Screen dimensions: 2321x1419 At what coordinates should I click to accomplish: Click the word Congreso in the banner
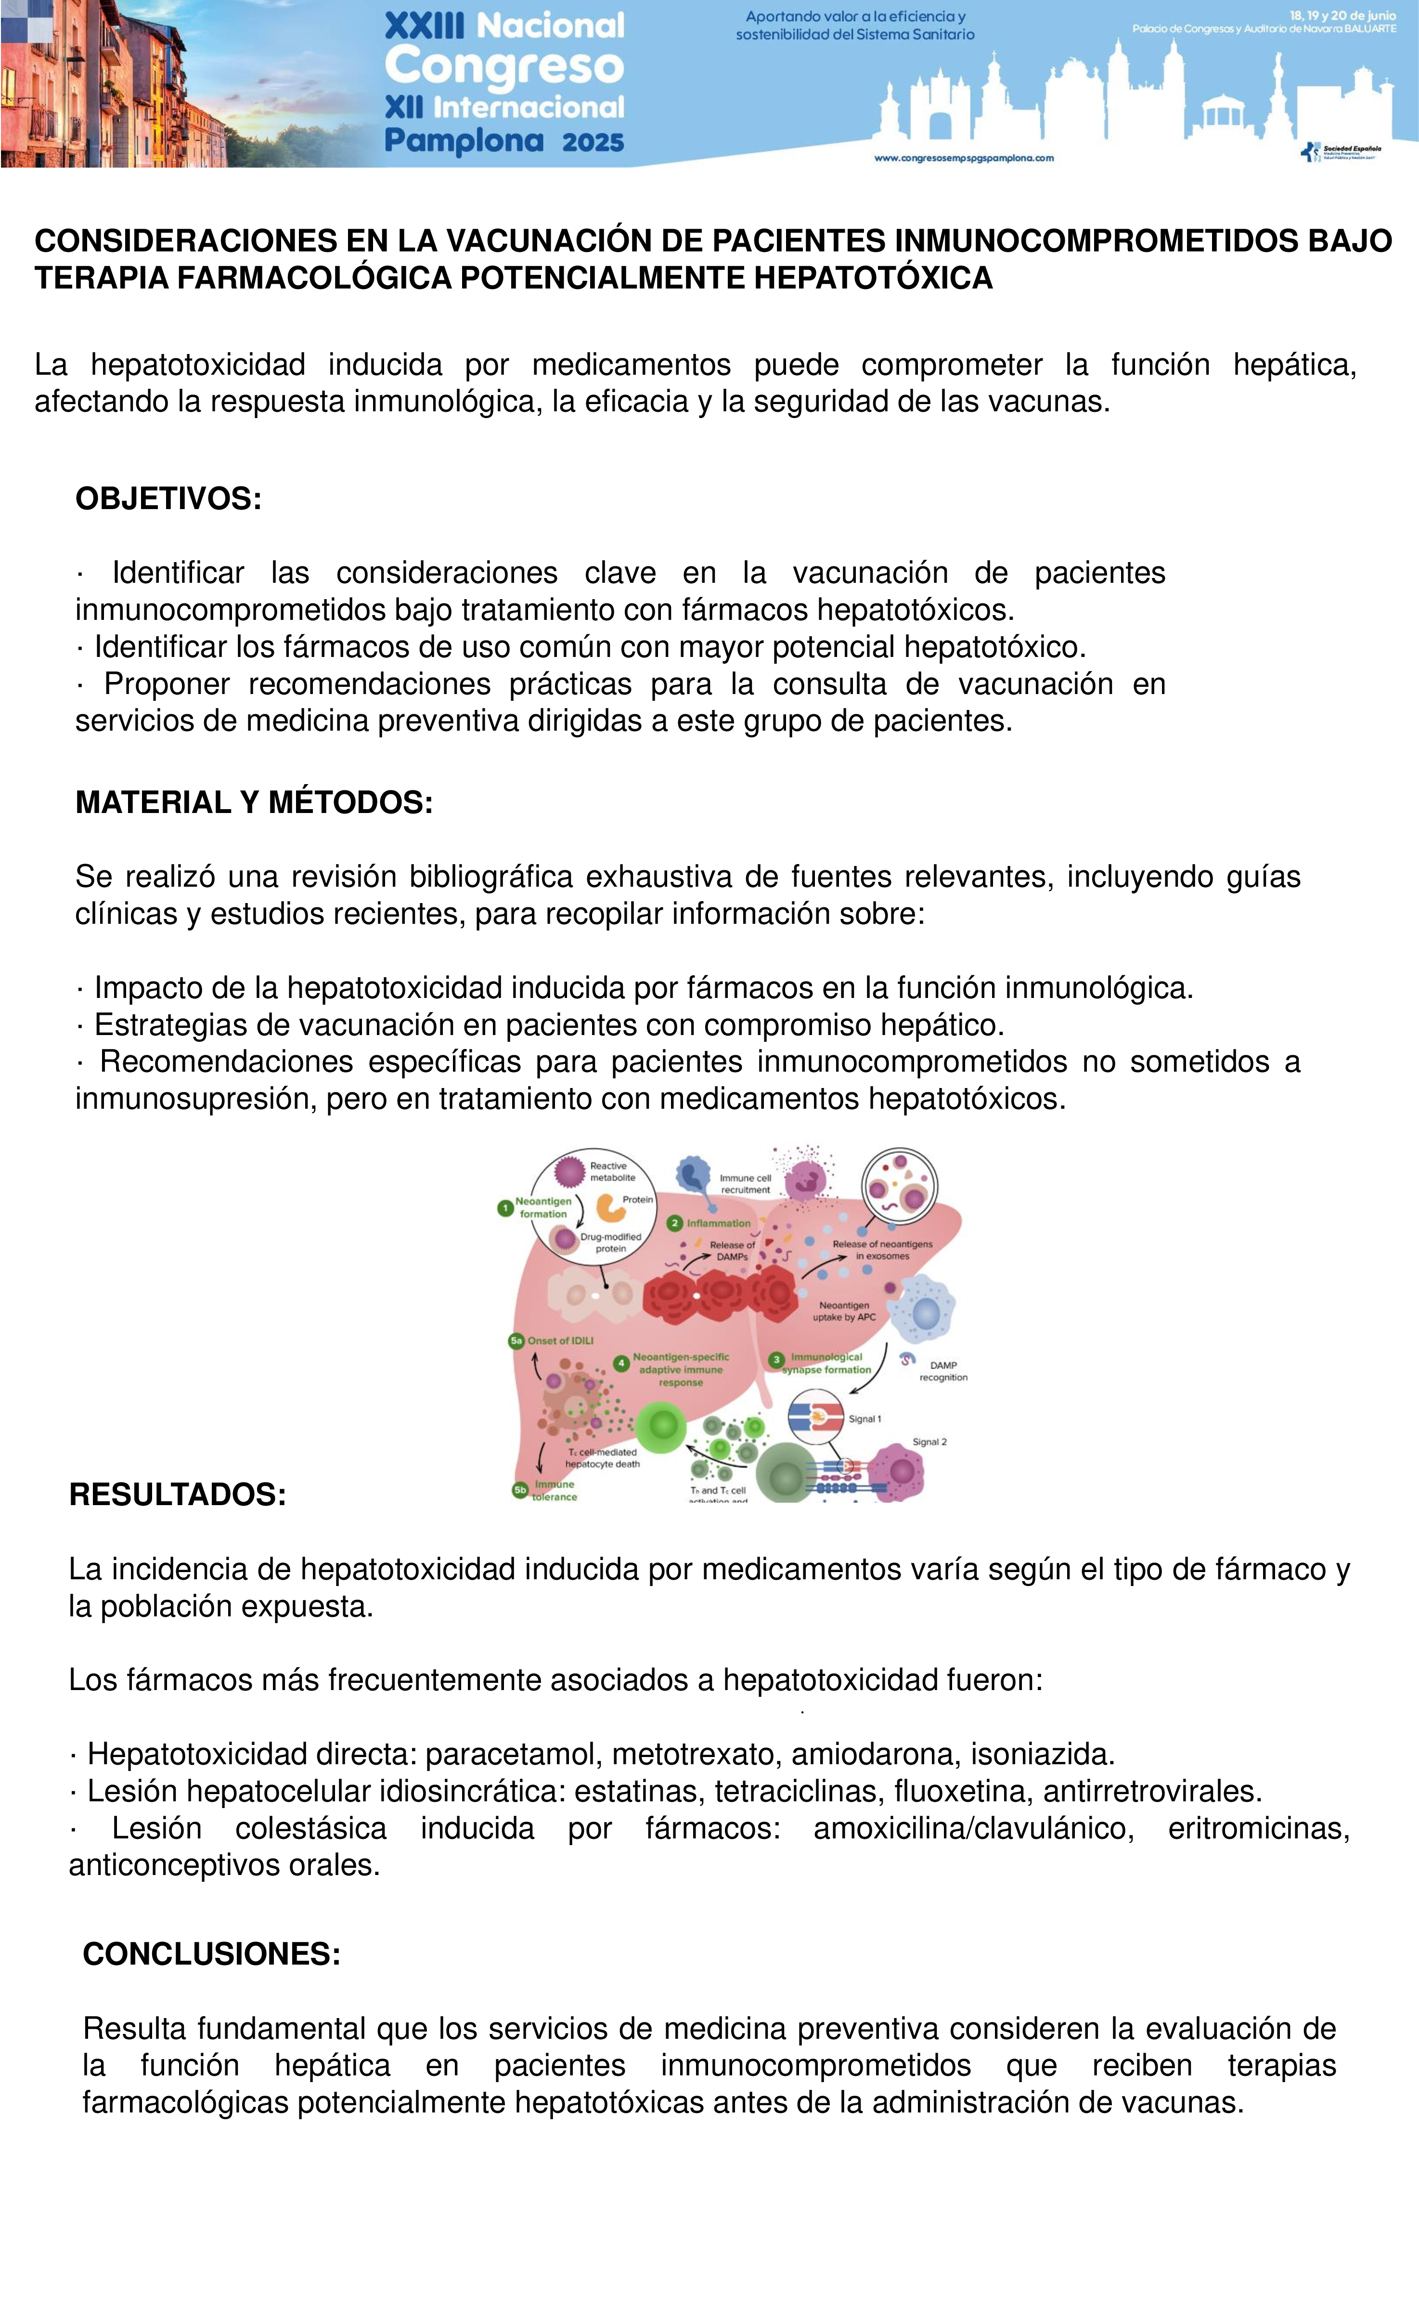click(504, 66)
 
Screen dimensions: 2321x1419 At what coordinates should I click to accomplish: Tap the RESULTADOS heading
click(177, 1494)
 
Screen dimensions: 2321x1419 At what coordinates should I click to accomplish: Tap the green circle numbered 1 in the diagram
click(505, 1207)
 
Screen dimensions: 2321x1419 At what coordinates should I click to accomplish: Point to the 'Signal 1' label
click(864, 1418)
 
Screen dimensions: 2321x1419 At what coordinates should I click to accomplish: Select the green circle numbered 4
click(621, 1363)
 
